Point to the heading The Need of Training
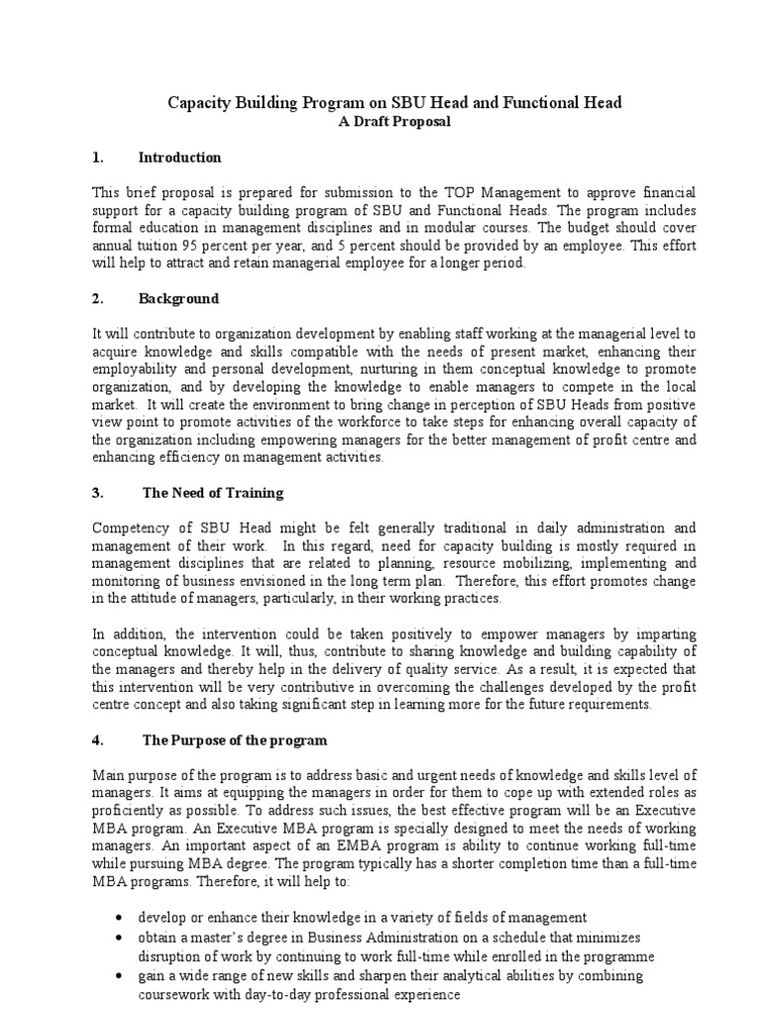point(213,493)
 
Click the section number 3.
point(96,493)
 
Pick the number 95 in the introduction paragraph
point(207,246)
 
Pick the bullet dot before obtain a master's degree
point(120,938)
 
